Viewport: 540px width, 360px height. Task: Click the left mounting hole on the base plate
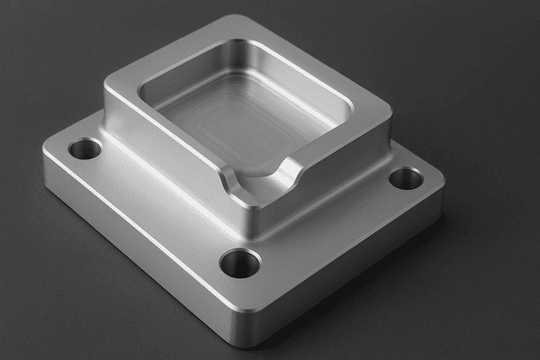85,148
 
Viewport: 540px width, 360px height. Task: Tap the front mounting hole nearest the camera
240,263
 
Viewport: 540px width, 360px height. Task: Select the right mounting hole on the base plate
406,178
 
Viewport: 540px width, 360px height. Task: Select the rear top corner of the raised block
234,20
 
